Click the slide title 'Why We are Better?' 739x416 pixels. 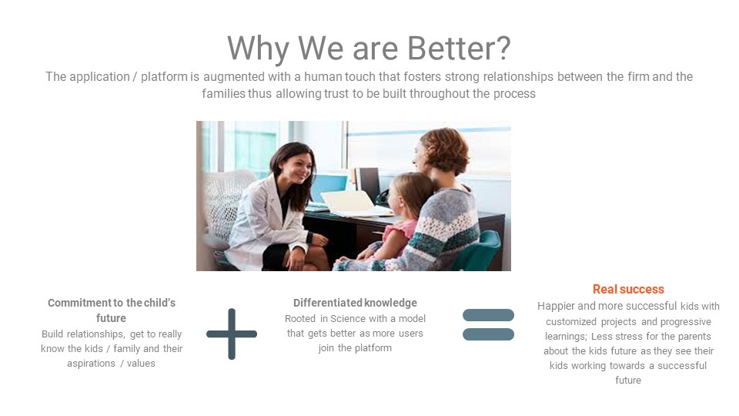click(x=369, y=48)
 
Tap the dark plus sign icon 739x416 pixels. click(x=232, y=334)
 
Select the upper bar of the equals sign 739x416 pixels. click(x=488, y=315)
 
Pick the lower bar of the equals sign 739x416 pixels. click(x=488, y=334)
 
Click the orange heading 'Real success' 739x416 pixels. click(x=628, y=289)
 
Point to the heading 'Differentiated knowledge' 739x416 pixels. click(x=355, y=303)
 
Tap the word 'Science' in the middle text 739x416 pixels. click(x=346, y=319)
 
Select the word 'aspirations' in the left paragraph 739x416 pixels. click(x=91, y=364)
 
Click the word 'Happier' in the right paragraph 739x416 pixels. click(x=556, y=306)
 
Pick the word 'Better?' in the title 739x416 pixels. click(x=459, y=48)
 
